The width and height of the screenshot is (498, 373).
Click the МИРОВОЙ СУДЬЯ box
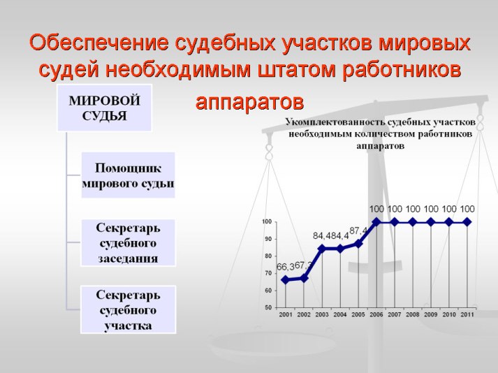tap(105, 108)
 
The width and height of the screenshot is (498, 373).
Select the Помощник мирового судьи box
tap(129, 175)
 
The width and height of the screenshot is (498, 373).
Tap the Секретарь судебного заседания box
tap(129, 243)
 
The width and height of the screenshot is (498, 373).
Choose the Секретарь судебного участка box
tap(129, 309)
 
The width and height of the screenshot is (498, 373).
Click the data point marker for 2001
tap(286, 280)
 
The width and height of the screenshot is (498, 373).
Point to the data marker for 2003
tap(322, 249)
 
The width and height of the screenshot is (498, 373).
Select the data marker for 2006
tap(376, 222)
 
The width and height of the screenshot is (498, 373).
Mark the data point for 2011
tap(467, 222)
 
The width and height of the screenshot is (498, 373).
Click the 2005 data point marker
tap(358, 244)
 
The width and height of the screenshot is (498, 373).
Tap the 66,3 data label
tap(285, 268)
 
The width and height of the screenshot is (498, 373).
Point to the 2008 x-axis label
tap(413, 314)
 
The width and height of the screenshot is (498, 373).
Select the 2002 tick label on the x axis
tap(304, 314)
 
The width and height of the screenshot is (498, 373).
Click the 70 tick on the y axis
tap(268, 273)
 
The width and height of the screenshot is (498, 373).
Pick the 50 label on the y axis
tap(268, 307)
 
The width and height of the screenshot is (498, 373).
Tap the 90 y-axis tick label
tap(268, 239)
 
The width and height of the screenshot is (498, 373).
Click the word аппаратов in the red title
tap(249, 102)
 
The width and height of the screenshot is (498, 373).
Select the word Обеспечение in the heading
tap(98, 43)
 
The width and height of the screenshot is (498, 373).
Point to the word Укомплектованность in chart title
tap(335, 122)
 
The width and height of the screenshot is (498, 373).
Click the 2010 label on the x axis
tap(449, 314)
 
